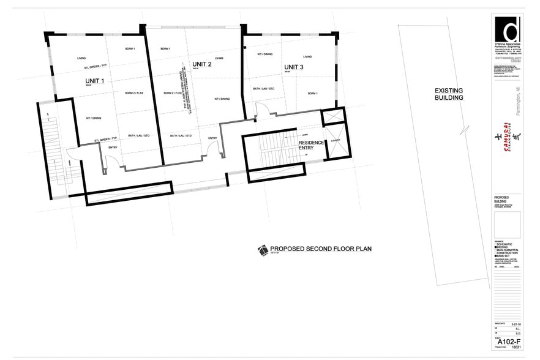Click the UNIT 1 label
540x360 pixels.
tap(94, 81)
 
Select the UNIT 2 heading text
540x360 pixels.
tap(201, 64)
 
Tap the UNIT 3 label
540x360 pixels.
tap(294, 67)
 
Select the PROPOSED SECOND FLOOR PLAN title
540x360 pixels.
tap(321, 249)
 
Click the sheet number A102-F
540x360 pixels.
tap(508, 341)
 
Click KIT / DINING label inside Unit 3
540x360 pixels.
tap(264, 54)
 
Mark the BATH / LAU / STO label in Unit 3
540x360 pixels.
tap(264, 89)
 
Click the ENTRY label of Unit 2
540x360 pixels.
tap(212, 138)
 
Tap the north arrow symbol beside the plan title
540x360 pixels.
tap(263, 249)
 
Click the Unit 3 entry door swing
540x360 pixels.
tap(261, 110)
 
